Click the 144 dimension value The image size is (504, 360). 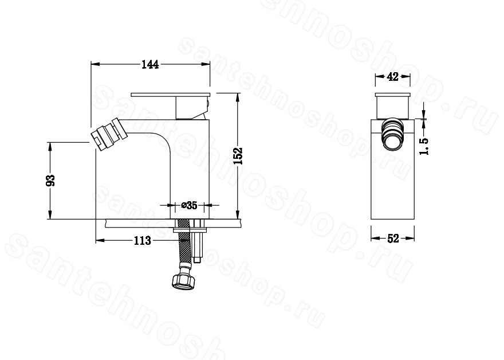point(150,64)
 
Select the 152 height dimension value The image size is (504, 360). point(238,156)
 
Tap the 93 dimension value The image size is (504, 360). point(51,180)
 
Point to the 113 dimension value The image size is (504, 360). point(143,240)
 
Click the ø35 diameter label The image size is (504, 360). point(189,205)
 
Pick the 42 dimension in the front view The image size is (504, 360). point(392,77)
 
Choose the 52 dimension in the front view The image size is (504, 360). point(393,238)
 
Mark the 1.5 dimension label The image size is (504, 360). point(424,146)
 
